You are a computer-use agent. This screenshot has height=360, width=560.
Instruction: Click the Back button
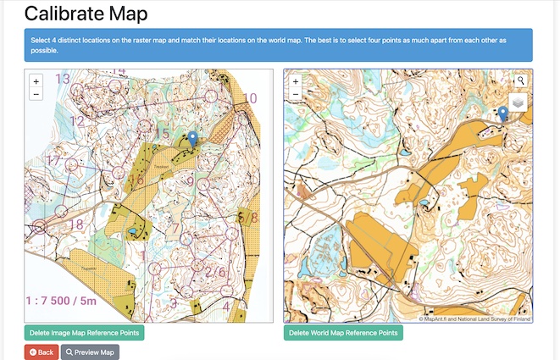[42, 352]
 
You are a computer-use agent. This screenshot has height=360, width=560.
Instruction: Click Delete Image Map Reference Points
[84, 332]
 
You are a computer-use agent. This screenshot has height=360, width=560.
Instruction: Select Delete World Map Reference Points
[343, 332]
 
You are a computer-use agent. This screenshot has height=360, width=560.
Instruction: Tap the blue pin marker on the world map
[502, 114]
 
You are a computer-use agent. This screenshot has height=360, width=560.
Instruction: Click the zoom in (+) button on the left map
[36, 81]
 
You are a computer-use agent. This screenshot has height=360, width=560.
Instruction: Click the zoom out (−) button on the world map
[295, 95]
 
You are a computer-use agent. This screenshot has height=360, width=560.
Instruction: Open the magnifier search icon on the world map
[521, 80]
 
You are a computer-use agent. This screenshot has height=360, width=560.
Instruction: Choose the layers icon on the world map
[518, 102]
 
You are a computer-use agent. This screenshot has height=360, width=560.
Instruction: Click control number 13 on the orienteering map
[63, 80]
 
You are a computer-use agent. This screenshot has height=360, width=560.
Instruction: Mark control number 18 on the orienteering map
[75, 224]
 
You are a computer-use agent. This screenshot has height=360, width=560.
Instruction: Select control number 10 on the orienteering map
[250, 98]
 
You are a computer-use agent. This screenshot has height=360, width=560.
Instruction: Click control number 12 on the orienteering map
[77, 121]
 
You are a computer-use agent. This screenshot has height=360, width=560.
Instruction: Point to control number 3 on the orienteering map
[173, 302]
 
